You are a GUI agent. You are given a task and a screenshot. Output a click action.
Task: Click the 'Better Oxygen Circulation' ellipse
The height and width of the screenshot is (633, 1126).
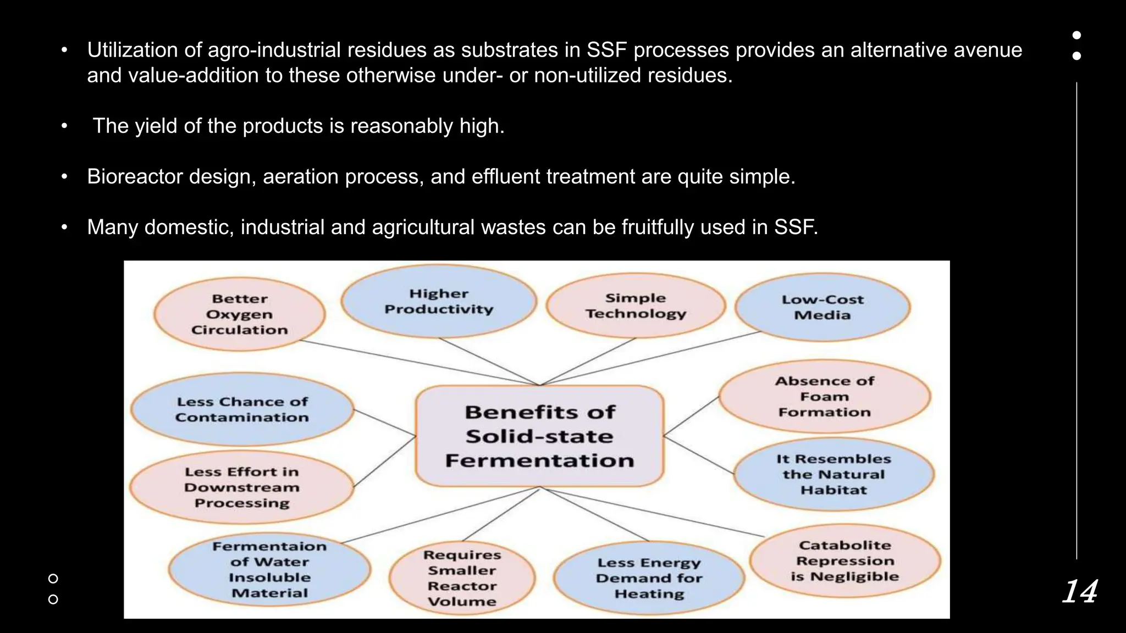(x=240, y=314)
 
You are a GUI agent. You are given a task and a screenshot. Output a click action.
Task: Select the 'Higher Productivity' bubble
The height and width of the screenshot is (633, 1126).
(x=439, y=302)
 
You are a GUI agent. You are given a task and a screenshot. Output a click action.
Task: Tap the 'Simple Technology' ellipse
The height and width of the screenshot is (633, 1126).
(x=636, y=306)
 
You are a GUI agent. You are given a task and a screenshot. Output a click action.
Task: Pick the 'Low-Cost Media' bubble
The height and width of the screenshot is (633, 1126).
(x=823, y=307)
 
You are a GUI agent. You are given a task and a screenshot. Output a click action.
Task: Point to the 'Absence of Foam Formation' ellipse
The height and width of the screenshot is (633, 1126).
(x=824, y=396)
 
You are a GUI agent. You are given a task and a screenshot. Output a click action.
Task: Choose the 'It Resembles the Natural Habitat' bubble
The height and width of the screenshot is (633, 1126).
(x=834, y=474)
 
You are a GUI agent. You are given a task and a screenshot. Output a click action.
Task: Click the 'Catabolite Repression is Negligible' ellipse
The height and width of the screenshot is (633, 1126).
(x=845, y=560)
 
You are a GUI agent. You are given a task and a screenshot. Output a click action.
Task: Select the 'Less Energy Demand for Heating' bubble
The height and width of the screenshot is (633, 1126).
(x=649, y=578)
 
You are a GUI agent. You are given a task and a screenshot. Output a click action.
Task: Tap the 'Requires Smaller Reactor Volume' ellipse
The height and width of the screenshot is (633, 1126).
(x=462, y=578)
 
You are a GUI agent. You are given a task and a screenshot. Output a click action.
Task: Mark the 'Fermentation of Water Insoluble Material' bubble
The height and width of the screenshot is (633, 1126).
(x=269, y=569)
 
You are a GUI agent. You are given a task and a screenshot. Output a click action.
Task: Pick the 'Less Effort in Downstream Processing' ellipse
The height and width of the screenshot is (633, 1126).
(x=242, y=487)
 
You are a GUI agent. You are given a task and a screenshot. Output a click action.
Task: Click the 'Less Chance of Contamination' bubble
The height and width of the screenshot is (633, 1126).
(x=242, y=409)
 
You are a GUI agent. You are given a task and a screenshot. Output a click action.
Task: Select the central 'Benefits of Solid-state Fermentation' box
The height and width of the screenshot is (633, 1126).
(x=539, y=436)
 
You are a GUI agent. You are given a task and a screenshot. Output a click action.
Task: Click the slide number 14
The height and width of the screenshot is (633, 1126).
(x=1080, y=592)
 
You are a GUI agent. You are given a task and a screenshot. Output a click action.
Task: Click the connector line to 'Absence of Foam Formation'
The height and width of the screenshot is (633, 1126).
(x=691, y=416)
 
